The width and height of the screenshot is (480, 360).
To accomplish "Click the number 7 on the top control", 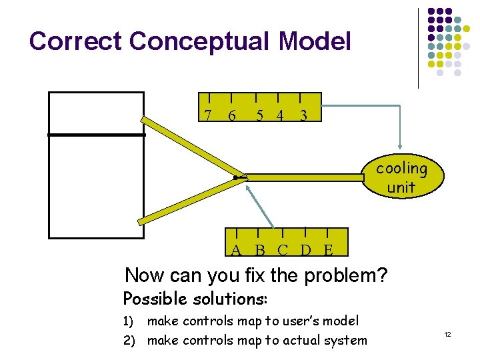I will tap(209, 116).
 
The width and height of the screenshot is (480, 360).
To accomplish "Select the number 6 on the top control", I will tap(231, 116).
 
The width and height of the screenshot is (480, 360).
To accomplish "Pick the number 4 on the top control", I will tap(280, 116).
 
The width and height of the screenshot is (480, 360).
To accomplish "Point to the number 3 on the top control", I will tap(303, 116).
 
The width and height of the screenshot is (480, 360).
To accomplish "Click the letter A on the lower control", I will tap(236, 251).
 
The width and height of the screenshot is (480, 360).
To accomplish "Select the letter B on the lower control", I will tap(260, 251).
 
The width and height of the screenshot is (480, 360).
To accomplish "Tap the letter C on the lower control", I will tap(283, 251).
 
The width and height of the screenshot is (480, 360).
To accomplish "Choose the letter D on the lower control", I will tap(305, 251).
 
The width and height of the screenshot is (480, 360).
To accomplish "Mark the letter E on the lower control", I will tap(328, 251).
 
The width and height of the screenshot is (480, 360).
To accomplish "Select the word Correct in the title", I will tap(76, 41).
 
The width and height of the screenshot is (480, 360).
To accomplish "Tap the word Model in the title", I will tap(315, 41).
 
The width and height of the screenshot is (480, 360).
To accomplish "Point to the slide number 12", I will tap(448, 333).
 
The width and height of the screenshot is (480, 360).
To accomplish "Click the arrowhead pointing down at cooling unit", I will tap(400, 145).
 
